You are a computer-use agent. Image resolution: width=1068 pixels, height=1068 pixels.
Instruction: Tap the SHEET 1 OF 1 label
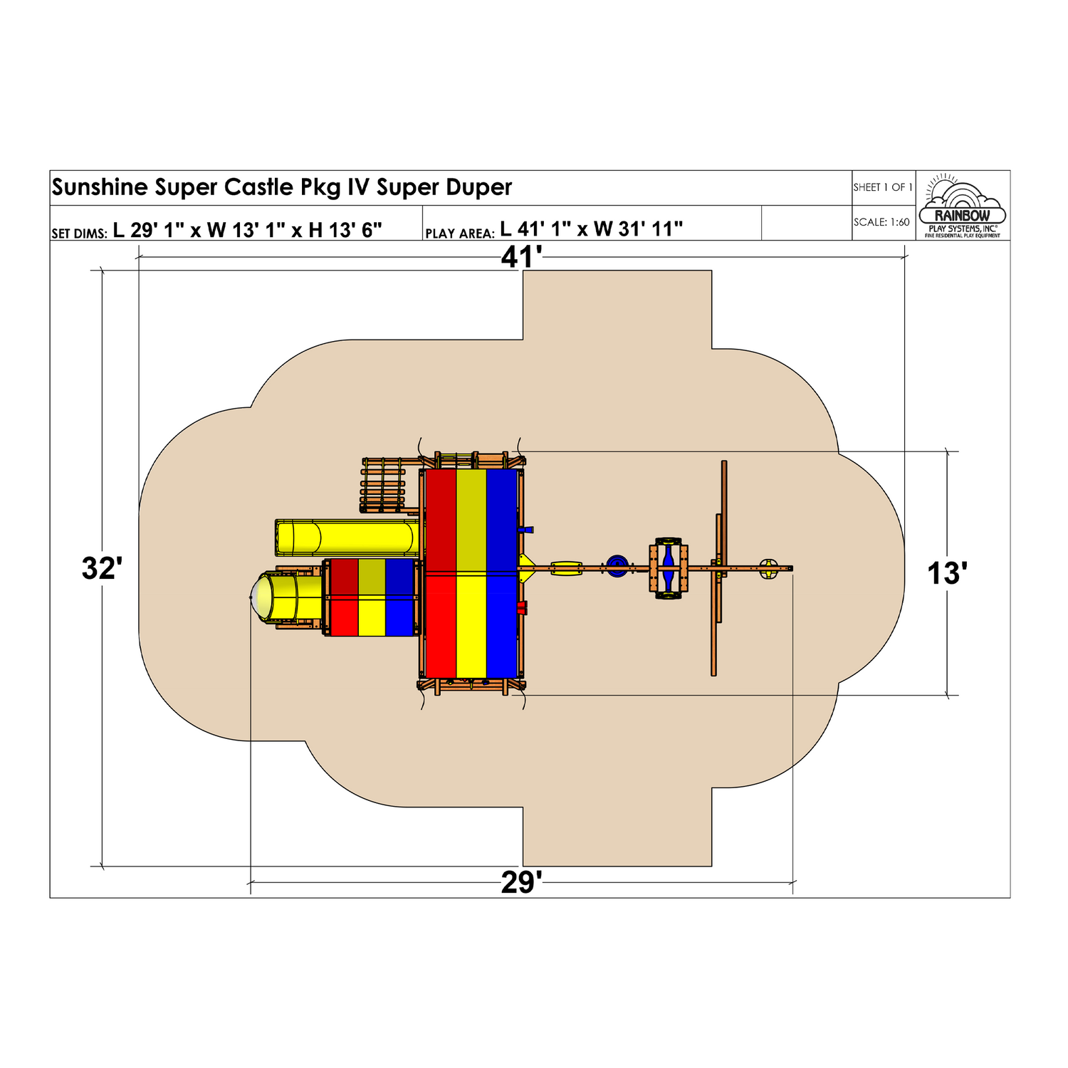tap(883, 187)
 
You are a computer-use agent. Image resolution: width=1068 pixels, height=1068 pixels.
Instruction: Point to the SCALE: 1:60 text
tap(881, 222)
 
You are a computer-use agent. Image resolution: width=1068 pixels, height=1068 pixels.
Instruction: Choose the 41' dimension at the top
tap(522, 257)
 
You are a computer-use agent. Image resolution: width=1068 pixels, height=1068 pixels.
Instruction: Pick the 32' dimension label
tap(103, 569)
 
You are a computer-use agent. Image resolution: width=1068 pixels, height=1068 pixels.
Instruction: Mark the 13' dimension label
tap(947, 574)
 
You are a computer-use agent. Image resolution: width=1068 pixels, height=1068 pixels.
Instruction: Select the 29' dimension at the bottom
tap(522, 883)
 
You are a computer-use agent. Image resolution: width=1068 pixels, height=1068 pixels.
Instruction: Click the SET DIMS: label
tap(79, 233)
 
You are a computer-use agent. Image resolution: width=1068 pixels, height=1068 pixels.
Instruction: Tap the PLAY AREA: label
tap(459, 233)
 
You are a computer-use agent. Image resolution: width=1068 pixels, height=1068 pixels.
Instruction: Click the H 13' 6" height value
tap(345, 229)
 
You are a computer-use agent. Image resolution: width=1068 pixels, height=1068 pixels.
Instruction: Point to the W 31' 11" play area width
tap(638, 229)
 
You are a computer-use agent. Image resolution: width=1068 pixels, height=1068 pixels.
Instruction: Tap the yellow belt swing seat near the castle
tap(566, 567)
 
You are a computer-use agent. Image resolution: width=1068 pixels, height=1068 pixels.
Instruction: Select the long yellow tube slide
tap(347, 538)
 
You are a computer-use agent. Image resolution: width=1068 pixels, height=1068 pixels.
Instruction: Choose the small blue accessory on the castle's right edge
tap(527, 530)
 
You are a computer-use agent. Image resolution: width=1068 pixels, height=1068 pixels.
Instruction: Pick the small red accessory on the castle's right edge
tap(523, 607)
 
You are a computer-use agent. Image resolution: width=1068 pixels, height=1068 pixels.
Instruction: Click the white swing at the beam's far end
tap(768, 568)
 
